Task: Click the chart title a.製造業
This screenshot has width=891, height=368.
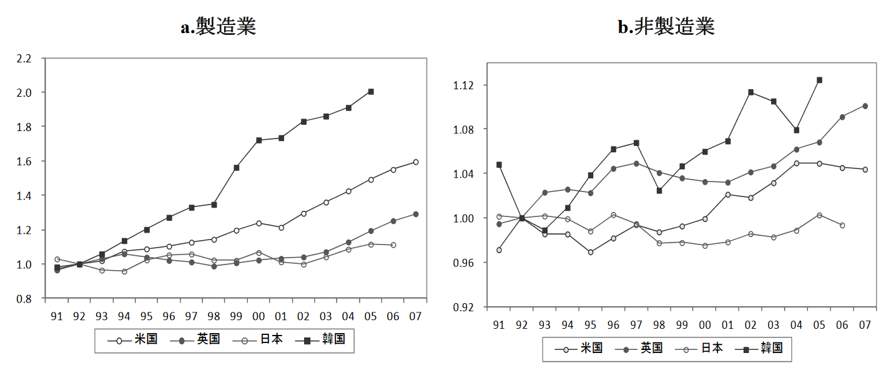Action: coord(219,27)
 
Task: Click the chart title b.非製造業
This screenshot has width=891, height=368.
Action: coord(666,27)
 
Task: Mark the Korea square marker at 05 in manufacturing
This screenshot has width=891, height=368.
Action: coord(371,92)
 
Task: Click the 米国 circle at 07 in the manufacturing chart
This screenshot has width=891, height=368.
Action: coord(415,162)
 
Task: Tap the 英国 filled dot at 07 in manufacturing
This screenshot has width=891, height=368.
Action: coord(415,214)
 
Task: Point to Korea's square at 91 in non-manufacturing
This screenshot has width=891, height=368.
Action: coord(499,165)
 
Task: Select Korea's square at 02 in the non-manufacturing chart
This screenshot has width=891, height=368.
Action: coord(751,92)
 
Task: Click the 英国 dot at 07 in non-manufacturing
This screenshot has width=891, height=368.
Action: coord(865,106)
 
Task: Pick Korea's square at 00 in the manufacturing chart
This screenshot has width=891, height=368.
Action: coord(259,140)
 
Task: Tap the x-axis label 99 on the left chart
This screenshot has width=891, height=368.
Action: coord(236,316)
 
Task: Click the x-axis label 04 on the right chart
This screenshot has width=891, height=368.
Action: coord(796,325)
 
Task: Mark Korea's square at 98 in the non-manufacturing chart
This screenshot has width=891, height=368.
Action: coord(659,191)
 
